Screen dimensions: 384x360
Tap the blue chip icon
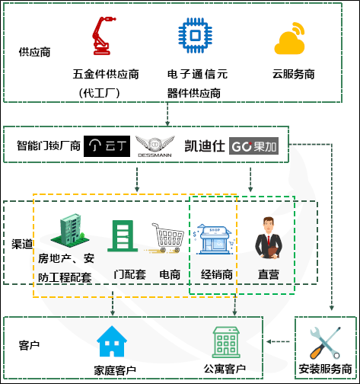(x=193, y=38)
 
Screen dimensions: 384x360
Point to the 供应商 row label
(x=34, y=53)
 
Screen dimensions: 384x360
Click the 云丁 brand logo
(x=107, y=145)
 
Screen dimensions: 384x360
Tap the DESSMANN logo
(x=155, y=145)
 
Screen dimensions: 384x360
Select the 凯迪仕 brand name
(x=205, y=145)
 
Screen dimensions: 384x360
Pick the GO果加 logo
(x=254, y=145)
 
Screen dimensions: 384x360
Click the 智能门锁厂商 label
(x=49, y=145)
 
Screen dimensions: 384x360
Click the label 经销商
(x=216, y=272)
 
